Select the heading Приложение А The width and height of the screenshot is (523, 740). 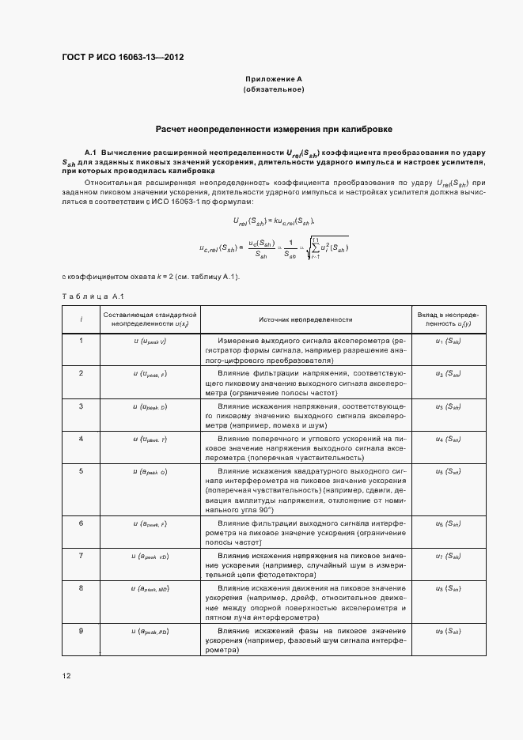(274, 80)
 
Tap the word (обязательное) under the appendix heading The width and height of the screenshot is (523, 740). (274, 91)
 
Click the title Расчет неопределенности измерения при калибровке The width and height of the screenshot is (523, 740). (274, 128)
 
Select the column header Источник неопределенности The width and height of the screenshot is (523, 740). (305, 319)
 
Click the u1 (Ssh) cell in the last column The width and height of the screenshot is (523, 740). (448, 341)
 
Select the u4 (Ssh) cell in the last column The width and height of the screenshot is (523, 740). (448, 438)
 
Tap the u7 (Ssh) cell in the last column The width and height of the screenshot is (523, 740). (448, 557)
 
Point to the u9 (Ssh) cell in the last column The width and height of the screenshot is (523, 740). (448, 632)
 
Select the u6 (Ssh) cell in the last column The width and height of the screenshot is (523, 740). (448, 524)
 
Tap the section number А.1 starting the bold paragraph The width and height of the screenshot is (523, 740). (90, 151)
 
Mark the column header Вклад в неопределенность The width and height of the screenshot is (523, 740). (448, 319)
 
